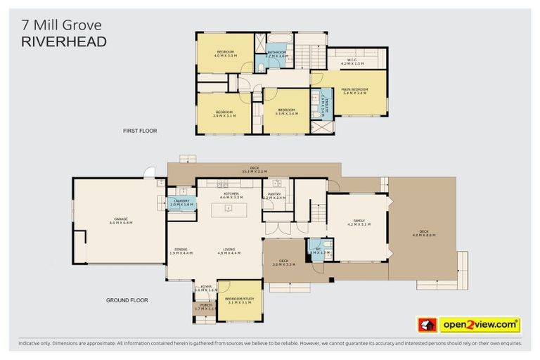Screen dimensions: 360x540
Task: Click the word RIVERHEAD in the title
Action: point(63,41)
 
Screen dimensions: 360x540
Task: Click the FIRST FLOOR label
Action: point(139,131)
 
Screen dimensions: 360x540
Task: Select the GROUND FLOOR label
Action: point(127,300)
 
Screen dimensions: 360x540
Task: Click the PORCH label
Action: point(205,305)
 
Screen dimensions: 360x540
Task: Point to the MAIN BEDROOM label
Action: point(354,89)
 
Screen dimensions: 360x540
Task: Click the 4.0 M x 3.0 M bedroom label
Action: point(225,55)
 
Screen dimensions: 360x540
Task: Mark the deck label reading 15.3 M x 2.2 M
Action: point(254,169)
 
